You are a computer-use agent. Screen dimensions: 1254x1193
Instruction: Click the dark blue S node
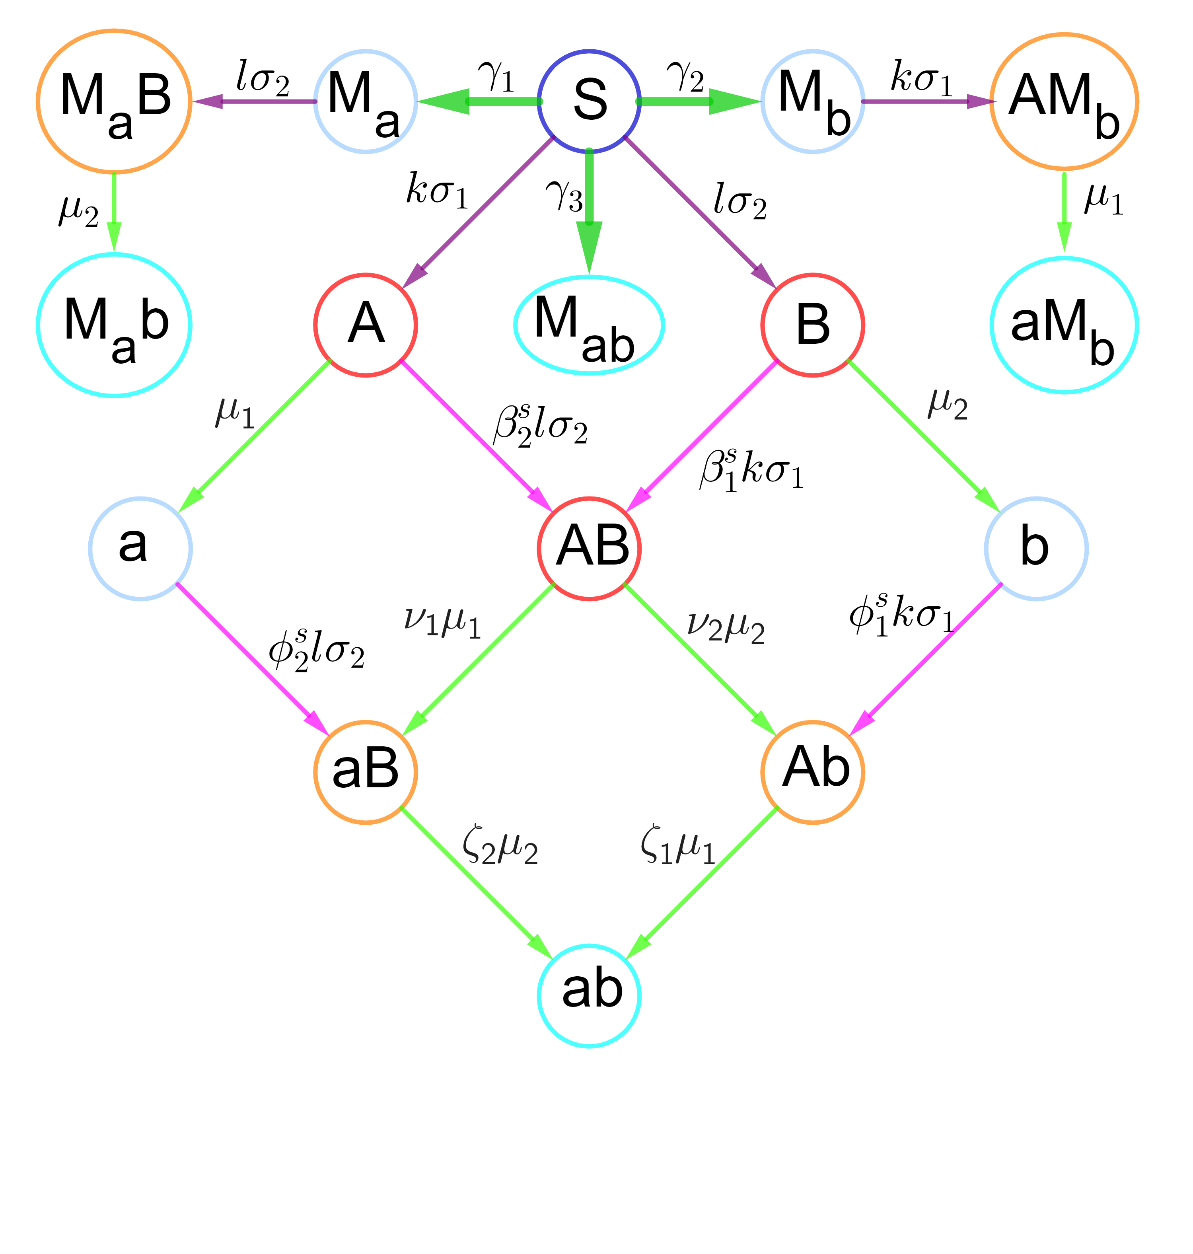point(589,101)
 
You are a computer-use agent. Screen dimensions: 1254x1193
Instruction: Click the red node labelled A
point(366,325)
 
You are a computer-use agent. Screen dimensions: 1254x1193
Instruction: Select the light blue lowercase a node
point(140,548)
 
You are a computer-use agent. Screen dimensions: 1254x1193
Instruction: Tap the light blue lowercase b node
point(1037,548)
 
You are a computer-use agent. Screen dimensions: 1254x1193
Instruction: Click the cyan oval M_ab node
point(589,325)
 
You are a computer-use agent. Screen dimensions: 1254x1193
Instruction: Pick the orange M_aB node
point(115,101)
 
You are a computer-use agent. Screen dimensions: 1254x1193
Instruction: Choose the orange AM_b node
point(1064,101)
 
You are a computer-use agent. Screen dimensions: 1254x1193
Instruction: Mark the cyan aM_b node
point(1064,325)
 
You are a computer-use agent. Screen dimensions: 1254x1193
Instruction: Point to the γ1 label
point(496,76)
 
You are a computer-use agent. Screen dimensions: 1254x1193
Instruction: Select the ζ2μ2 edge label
point(500,848)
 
